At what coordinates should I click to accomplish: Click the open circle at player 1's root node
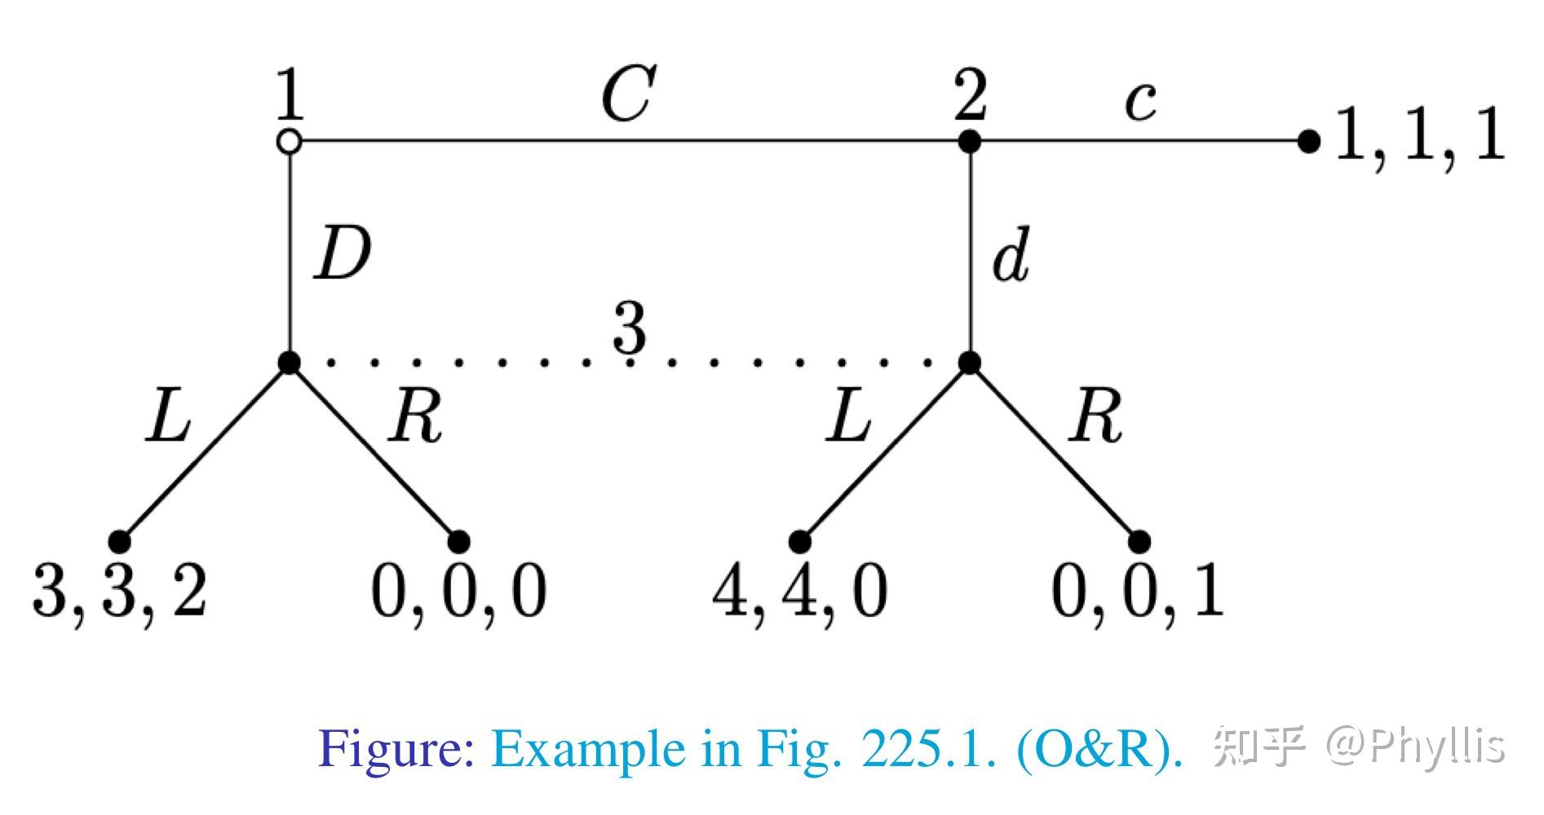pyautogui.click(x=290, y=142)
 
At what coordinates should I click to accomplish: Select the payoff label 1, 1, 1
pyautogui.click(x=1419, y=135)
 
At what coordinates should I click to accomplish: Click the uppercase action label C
pyautogui.click(x=628, y=94)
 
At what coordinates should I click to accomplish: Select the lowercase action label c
pyautogui.click(x=1140, y=103)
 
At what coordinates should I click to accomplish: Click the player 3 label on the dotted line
pyautogui.click(x=630, y=328)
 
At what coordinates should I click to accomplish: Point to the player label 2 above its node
pyautogui.click(x=971, y=95)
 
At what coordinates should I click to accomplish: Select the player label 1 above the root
pyautogui.click(x=290, y=95)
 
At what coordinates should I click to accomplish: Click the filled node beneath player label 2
pyautogui.click(x=969, y=142)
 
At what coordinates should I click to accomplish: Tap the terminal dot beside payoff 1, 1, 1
pyautogui.click(x=1308, y=142)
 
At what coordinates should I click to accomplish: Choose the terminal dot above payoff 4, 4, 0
pyautogui.click(x=800, y=541)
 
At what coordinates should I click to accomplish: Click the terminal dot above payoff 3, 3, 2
pyautogui.click(x=120, y=541)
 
